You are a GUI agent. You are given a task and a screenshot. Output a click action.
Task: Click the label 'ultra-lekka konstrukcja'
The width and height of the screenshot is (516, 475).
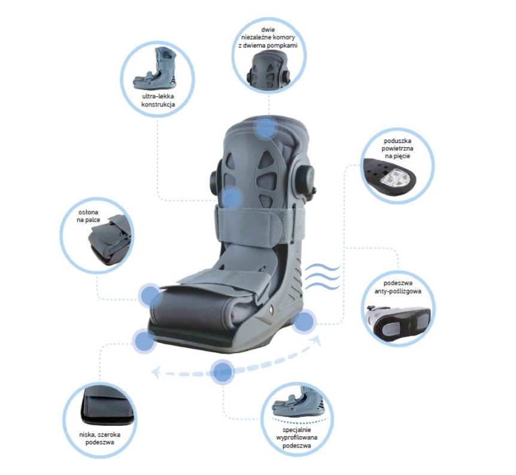click(158, 101)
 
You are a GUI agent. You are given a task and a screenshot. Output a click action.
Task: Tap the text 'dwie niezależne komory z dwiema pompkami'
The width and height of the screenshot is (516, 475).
click(268, 38)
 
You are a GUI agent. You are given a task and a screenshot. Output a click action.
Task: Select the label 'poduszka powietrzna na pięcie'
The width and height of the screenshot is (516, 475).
click(397, 148)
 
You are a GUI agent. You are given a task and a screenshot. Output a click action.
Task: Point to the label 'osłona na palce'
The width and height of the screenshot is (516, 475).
click(88, 216)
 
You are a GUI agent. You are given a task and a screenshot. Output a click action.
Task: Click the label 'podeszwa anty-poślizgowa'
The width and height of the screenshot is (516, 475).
click(397, 287)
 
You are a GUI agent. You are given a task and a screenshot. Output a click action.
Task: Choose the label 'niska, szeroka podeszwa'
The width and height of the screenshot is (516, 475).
click(100, 438)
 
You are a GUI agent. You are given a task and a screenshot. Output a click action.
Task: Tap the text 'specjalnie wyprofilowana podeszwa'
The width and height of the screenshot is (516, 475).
click(297, 438)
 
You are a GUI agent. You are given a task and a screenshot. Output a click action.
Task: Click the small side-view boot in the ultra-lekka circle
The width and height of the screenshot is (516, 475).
click(155, 69)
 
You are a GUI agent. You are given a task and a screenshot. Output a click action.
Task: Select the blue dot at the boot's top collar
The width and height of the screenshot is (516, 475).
click(266, 127)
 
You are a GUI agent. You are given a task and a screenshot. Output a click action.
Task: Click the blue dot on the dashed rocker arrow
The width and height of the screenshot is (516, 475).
click(223, 372)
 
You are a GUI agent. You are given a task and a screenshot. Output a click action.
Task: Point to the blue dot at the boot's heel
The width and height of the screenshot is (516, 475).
click(303, 321)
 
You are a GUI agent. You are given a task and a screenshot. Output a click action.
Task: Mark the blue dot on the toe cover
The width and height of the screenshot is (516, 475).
click(150, 295)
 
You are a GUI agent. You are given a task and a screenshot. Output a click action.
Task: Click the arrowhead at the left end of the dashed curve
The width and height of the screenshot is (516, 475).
click(155, 372)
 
